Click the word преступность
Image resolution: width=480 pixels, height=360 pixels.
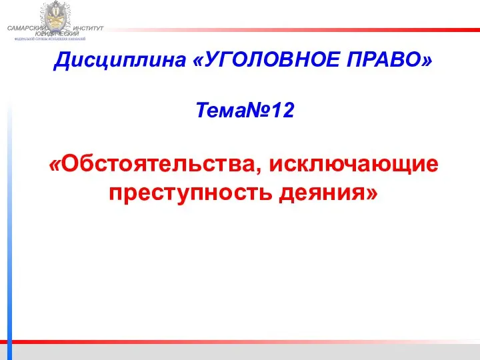[x=190, y=193]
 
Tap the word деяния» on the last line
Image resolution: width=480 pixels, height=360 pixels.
[x=327, y=193]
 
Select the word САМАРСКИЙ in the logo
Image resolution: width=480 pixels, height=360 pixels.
[x=26, y=27]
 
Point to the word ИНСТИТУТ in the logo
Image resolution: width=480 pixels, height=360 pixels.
[x=89, y=27]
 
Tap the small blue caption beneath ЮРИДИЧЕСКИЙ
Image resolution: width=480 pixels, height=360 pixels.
[x=54, y=39]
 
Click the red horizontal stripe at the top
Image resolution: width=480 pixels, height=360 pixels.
[x=300, y=29]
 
